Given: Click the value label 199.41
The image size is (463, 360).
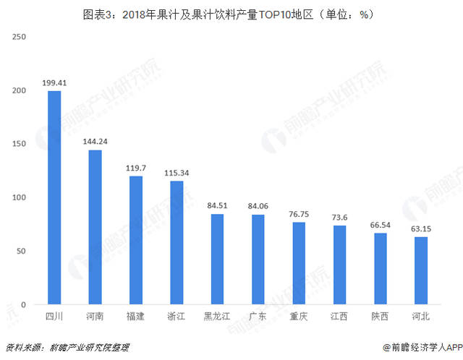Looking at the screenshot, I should coord(54,83).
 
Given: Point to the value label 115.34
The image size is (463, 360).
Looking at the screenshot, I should coord(177,173).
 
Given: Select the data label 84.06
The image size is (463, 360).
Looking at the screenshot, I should coord(258,207).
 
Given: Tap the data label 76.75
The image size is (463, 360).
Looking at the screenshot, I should coord(299,215).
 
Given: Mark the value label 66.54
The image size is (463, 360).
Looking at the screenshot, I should coord(381,226).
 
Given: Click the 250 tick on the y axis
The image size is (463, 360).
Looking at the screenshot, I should coord(20,37).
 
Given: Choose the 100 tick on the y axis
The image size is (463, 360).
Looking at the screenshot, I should coord(20,197).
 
